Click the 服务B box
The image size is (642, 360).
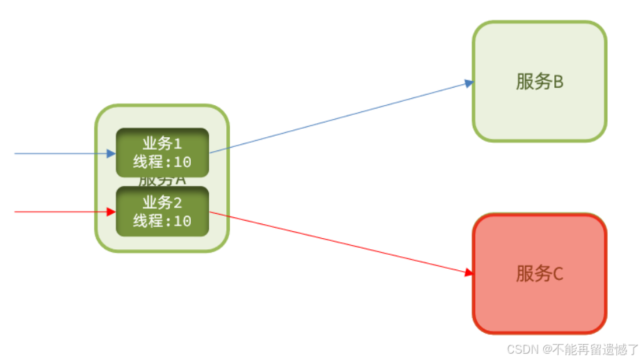pos(539,111)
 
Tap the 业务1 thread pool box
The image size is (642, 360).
pos(162,152)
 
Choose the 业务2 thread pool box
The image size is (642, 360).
pos(162,212)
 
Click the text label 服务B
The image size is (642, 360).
pos(539,81)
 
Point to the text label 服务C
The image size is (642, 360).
pos(539,274)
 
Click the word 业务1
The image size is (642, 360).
pos(162,143)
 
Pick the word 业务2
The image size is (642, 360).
pos(162,203)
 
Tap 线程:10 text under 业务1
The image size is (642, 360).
pos(162,162)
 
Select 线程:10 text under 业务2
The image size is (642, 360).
pos(162,221)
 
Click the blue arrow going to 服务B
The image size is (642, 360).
pos(341,117)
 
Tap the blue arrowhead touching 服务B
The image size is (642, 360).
pos(469,84)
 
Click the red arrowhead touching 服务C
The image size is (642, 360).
pos(469,274)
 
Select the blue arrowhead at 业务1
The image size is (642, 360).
pos(111,153)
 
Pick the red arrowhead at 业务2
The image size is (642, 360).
pos(111,212)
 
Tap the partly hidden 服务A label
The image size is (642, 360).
pos(162,180)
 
